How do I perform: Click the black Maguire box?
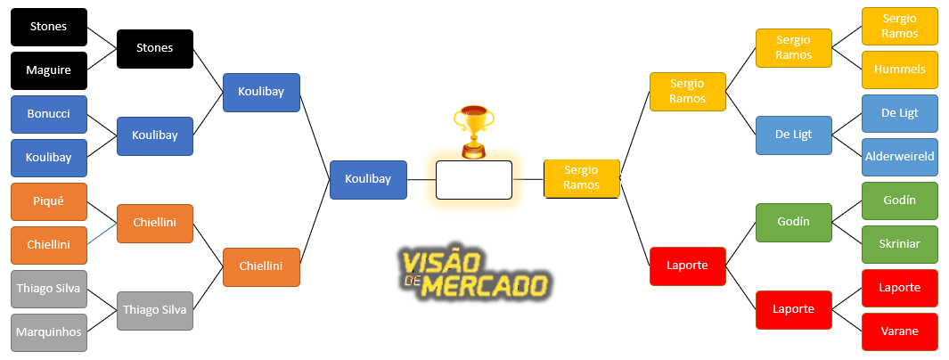pyautogui.click(x=49, y=70)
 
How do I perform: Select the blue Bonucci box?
pyautogui.click(x=49, y=114)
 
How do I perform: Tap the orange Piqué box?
pyautogui.click(x=49, y=201)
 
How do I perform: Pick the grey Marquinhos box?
pyautogui.click(x=49, y=332)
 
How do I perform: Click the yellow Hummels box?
pyautogui.click(x=900, y=70)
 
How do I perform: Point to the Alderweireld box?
pyautogui.click(x=900, y=157)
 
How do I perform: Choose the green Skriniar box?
pyautogui.click(x=900, y=244)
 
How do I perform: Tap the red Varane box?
pyautogui.click(x=900, y=331)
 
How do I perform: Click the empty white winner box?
pyautogui.click(x=473, y=179)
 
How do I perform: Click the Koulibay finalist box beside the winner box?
pyautogui.click(x=368, y=179)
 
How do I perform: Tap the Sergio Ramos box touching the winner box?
pyautogui.click(x=581, y=178)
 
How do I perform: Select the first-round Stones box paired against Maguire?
pyautogui.click(x=49, y=27)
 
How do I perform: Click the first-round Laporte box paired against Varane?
pyautogui.click(x=900, y=288)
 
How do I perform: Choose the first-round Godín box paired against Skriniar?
pyautogui.click(x=900, y=200)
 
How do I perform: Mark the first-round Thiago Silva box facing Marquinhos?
pyautogui.click(x=49, y=289)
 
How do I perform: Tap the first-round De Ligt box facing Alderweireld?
pyautogui.click(x=900, y=113)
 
